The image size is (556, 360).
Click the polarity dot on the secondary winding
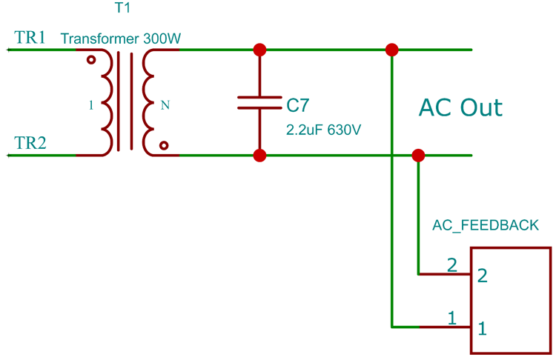pos(164,146)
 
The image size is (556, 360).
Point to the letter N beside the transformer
pos(165,105)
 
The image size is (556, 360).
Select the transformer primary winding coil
pos(107,103)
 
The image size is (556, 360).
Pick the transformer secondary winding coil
pos(149,103)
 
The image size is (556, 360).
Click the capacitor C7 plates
pos(259,103)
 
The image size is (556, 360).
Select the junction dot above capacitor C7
pos(259,50)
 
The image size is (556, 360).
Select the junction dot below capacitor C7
pos(259,156)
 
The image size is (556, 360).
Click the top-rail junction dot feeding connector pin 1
pos(391,50)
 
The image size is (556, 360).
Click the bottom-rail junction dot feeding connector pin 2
pos(418,156)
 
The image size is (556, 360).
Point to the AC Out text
pos(460,107)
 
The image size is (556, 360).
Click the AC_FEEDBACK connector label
pos(486,225)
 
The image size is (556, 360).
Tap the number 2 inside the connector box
pos(483,276)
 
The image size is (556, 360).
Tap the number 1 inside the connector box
pos(483,328)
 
